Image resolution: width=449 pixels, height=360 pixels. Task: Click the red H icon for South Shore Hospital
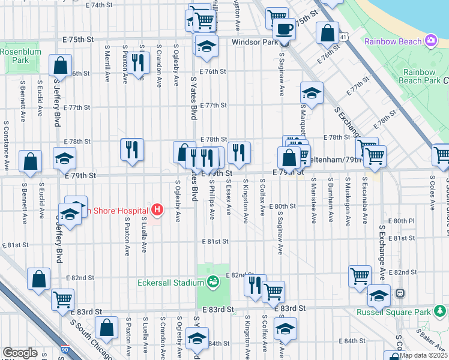pyautogui.click(x=157, y=210)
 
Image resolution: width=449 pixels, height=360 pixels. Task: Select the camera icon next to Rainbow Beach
pyautogui.click(x=430, y=41)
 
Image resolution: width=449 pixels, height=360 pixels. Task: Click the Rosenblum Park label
pyautogui.click(x=14, y=56)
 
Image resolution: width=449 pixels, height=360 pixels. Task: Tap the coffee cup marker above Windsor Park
pyautogui.click(x=284, y=28)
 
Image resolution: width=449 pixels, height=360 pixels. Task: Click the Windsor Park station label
pyautogui.click(x=255, y=43)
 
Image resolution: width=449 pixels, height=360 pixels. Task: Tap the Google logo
pyautogui.click(x=20, y=353)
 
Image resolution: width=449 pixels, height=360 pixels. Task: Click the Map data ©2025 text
pyautogui.click(x=423, y=355)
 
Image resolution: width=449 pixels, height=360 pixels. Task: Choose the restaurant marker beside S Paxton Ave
pyautogui.click(x=139, y=62)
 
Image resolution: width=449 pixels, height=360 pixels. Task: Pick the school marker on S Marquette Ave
pyautogui.click(x=312, y=93)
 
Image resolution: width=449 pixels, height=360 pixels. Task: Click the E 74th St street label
pyautogui.click(x=99, y=5)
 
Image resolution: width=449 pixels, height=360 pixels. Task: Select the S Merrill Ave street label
pyautogui.click(x=107, y=63)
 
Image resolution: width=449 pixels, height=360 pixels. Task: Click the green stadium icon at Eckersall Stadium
pyautogui.click(x=212, y=281)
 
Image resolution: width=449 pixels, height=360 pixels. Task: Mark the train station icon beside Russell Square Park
pyautogui.click(x=399, y=294)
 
